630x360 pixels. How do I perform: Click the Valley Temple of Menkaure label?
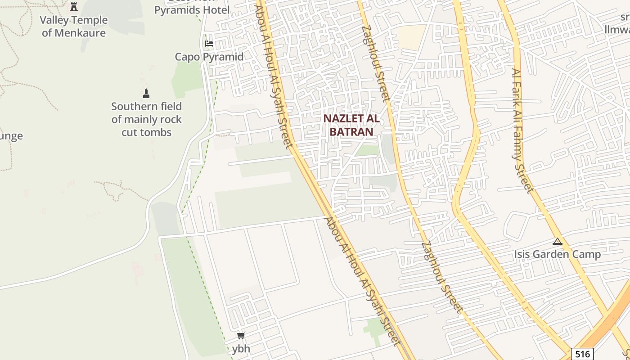click(x=74, y=26)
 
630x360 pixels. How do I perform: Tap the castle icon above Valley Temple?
click(x=74, y=7)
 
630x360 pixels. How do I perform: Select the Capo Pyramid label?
click(x=209, y=57)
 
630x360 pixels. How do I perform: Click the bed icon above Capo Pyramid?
click(x=209, y=44)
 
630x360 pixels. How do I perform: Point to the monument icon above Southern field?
click(x=146, y=94)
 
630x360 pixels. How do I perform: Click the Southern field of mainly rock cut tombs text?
click(x=147, y=119)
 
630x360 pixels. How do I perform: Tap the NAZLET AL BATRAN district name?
click(x=351, y=125)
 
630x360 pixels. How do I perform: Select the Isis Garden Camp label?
click(x=557, y=254)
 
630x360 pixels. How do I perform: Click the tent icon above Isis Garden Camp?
click(x=558, y=241)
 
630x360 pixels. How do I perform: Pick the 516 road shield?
click(x=583, y=354)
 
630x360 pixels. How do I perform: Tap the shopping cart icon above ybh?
click(x=241, y=335)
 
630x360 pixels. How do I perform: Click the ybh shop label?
click(x=241, y=348)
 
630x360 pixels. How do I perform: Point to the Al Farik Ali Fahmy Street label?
click(x=522, y=130)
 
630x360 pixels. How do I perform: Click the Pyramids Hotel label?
click(x=192, y=10)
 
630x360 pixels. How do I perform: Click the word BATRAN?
click(x=351, y=131)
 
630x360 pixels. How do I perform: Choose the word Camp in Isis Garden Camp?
click(x=584, y=254)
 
